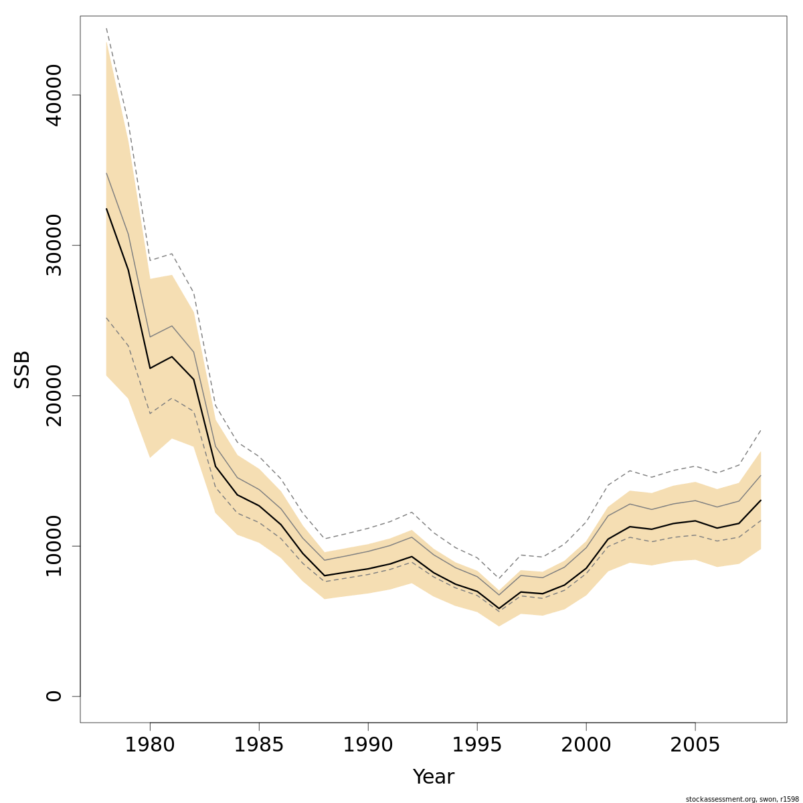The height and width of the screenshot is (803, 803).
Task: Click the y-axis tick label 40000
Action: (x=54, y=95)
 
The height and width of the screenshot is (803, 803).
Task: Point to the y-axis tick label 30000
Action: (x=54, y=245)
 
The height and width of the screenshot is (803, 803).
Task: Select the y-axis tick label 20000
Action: (x=54, y=395)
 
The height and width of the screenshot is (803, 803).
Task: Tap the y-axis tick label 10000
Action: (x=54, y=546)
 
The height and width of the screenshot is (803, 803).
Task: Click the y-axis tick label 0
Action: (x=54, y=696)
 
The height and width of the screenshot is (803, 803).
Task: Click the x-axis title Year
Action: (x=434, y=777)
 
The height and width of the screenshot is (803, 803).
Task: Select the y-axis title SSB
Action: (x=23, y=369)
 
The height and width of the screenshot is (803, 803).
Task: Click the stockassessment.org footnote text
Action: (x=742, y=799)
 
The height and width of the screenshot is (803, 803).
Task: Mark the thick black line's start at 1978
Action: (x=106, y=209)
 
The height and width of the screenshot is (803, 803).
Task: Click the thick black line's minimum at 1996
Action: (x=499, y=608)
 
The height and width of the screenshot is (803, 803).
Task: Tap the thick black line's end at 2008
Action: (x=761, y=500)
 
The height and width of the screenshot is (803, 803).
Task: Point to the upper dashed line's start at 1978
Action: (x=106, y=29)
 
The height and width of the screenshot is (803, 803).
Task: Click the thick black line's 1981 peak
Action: (x=172, y=357)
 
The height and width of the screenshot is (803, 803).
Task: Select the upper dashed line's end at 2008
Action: (x=761, y=430)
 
